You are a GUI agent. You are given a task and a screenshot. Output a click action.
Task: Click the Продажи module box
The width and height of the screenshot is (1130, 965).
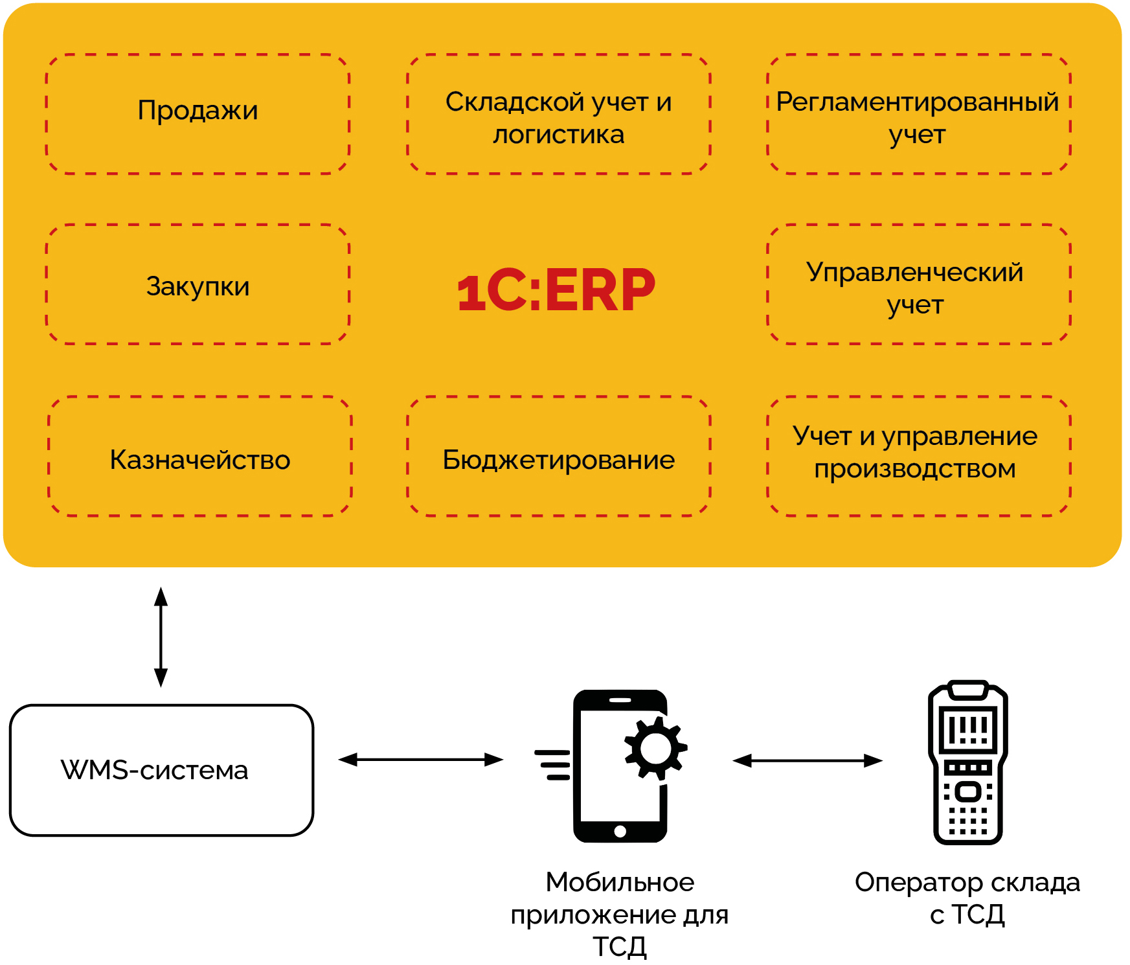click(x=198, y=113)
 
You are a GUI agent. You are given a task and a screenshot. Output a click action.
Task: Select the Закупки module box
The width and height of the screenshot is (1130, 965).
click(x=198, y=285)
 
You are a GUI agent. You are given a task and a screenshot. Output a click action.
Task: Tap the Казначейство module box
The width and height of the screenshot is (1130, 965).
click(x=199, y=457)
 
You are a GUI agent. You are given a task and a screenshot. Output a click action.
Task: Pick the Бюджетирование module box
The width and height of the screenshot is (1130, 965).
click(x=558, y=457)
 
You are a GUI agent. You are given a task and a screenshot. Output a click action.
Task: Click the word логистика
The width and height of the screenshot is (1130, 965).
click(x=558, y=135)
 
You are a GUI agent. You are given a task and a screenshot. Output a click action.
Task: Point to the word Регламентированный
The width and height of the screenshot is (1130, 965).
click(x=917, y=102)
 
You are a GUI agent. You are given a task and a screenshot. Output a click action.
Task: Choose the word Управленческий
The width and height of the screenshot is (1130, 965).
click(x=914, y=272)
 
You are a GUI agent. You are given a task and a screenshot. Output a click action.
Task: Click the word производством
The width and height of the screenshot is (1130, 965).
click(x=914, y=468)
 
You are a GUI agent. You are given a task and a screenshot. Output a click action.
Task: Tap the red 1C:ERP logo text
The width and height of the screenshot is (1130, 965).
click(x=556, y=290)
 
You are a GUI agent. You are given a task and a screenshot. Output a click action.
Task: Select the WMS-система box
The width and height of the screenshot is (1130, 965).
click(x=161, y=770)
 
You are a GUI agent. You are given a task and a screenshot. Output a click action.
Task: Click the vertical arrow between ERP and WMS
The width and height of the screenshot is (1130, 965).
click(x=161, y=637)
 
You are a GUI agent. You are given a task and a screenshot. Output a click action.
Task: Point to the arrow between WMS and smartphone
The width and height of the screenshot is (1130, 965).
click(x=420, y=760)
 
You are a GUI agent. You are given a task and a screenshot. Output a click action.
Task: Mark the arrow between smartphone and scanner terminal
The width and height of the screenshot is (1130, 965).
click(x=807, y=760)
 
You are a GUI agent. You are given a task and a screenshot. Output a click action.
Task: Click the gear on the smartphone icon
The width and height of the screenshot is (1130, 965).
click(x=655, y=749)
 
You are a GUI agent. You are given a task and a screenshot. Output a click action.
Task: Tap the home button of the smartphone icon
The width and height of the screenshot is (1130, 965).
click(x=620, y=832)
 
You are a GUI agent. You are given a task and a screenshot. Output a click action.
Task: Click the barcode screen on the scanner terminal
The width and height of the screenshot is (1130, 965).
click(x=968, y=730)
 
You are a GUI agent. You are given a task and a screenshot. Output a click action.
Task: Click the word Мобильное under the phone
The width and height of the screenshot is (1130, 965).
click(x=620, y=882)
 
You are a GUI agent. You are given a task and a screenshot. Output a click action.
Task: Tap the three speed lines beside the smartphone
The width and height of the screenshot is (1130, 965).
click(x=553, y=764)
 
